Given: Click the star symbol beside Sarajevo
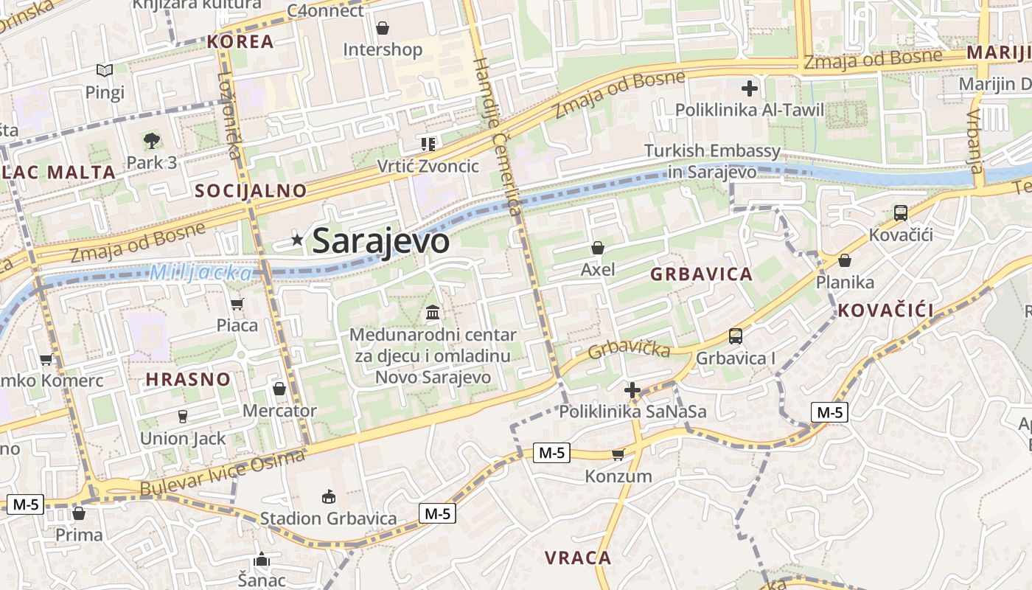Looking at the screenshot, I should pos(297,239).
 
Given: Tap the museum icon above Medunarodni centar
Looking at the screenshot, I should pos(433,313).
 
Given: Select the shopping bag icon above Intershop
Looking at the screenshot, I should pos(383,28).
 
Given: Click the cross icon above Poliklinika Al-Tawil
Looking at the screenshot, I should pos(750,89).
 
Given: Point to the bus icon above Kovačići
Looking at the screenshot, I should pos(900,213).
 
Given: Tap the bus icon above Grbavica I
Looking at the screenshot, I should pos(735,336).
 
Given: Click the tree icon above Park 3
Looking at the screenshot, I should pos(152,140).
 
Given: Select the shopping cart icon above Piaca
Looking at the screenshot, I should pos(237,304).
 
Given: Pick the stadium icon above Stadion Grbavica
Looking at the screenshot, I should pos(329,497).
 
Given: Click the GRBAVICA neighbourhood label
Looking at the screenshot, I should pos(701,274).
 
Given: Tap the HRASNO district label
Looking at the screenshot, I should pos(188,380).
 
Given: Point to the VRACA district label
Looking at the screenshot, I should pos(578,558).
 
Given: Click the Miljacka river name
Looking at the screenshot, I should pos(201,273).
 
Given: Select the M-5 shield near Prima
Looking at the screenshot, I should pos(25,504).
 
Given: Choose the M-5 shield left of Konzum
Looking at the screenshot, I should pos(551,453).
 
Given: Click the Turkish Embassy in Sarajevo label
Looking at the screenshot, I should pos(711,162).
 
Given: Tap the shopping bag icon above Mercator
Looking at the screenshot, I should pos(279,389).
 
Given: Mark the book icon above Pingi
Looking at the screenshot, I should pos(105,71).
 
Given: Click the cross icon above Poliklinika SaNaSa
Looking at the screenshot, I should pos(632,390).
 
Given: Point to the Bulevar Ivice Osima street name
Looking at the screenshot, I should pos(222,473).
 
